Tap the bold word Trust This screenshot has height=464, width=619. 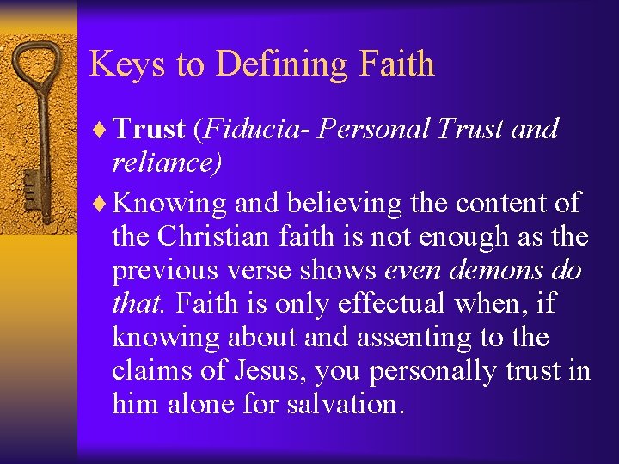pos(150,129)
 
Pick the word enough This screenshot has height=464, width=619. pos(478,236)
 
